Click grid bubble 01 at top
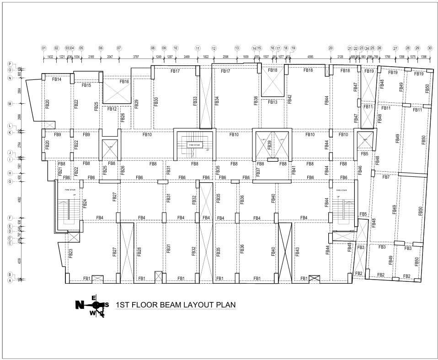tap(44, 48)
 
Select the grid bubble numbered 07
tap(119, 48)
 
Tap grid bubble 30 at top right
tap(429, 48)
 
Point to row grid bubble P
tap(9, 64)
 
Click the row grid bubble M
tap(9, 104)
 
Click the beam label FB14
tap(57, 79)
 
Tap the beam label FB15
tap(86, 85)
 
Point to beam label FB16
tap(124, 82)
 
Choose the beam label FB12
tap(112, 109)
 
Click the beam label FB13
tap(272, 102)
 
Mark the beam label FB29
tap(137, 103)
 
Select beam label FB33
tap(195, 101)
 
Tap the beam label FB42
tap(289, 100)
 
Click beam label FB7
tap(386, 177)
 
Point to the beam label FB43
tap(297, 251)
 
